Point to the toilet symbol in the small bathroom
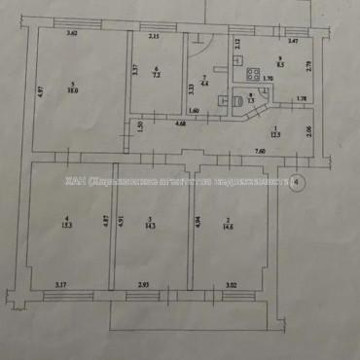click(237, 100)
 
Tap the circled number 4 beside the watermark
click(299, 181)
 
